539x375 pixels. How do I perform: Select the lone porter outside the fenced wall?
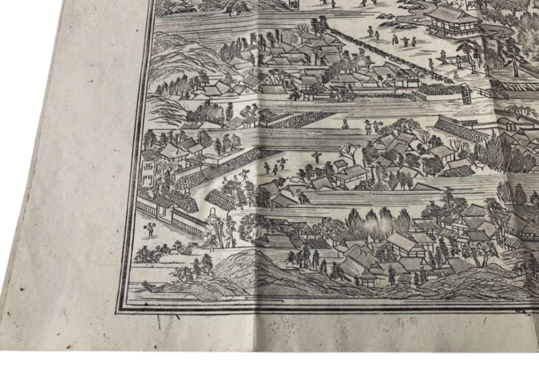[x=149, y=230]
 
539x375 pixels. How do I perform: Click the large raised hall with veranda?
[x=452, y=21]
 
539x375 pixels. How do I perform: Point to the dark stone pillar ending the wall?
[x=466, y=94]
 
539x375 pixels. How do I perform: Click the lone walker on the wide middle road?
[x=345, y=123]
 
